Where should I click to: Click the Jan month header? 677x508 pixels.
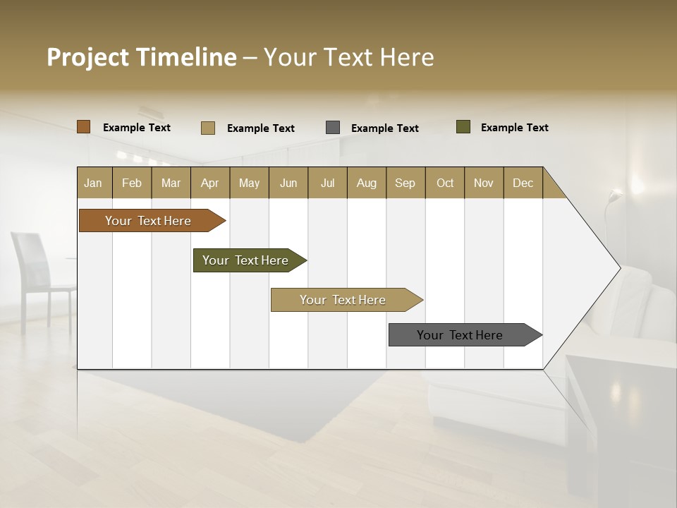[x=94, y=183]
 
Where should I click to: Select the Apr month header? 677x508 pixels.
[x=210, y=183]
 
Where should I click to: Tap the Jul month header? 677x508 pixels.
[x=327, y=183]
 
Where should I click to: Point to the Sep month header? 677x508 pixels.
[x=405, y=183]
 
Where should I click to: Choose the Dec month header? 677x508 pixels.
[x=523, y=183]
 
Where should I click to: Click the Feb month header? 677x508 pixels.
[x=132, y=183]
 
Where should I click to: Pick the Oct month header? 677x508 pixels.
[x=445, y=183]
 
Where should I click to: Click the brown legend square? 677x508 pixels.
[x=84, y=127]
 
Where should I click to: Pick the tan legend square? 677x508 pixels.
[x=208, y=128]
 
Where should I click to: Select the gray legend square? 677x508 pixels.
[x=333, y=128]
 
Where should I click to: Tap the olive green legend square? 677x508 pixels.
[x=463, y=127]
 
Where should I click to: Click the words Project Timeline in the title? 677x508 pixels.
[x=142, y=57]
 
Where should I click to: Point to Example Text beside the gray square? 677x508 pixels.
[x=385, y=128]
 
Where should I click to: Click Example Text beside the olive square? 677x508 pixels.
[x=515, y=128]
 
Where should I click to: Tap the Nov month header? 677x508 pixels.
[x=484, y=183]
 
